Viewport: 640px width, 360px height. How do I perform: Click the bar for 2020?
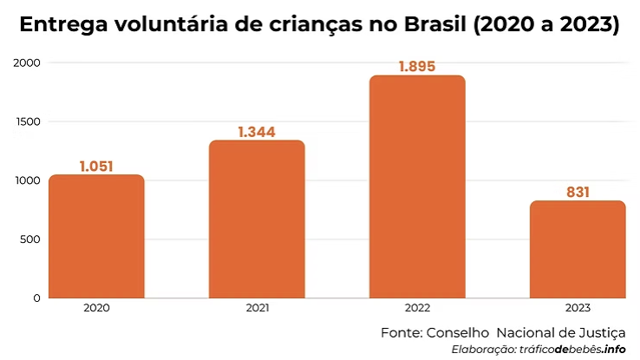coord(96,236)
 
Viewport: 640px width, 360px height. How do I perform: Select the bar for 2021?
coord(257,219)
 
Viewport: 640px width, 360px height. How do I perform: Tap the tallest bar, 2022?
coord(417,187)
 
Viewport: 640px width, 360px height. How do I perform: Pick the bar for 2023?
coord(578,249)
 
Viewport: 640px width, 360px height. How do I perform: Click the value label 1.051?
coord(96,167)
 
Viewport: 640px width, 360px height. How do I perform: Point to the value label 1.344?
coord(257,132)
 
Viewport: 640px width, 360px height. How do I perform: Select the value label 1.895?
coord(417,67)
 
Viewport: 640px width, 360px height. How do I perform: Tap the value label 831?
coord(578,192)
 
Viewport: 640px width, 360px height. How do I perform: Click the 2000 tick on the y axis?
coord(27,63)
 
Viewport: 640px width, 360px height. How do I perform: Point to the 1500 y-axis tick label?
coord(28,121)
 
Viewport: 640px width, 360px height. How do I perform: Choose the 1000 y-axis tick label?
coord(28,180)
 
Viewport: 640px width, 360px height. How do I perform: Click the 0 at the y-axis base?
coord(36,298)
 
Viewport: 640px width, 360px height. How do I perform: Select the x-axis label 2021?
coord(257,308)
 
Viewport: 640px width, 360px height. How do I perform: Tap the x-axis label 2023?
coord(578,308)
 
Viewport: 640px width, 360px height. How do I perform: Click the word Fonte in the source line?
coord(400,332)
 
